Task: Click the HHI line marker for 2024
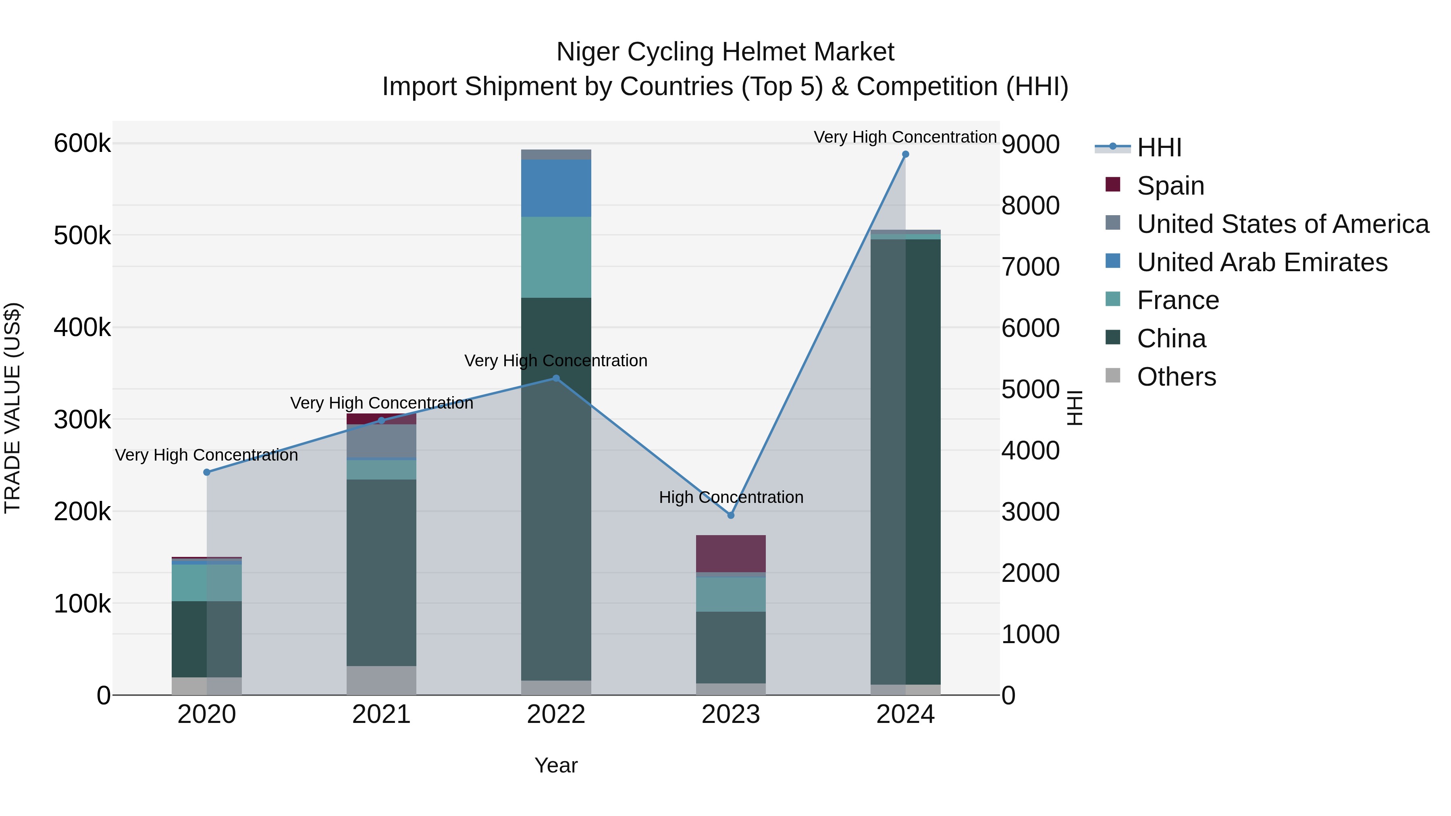click(x=905, y=154)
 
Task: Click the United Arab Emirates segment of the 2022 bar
click(x=556, y=188)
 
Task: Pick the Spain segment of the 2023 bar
click(x=731, y=554)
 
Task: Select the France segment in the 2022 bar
click(x=556, y=257)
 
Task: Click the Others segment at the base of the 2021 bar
click(x=381, y=680)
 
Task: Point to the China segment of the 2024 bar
click(x=905, y=462)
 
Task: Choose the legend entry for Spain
click(x=1170, y=186)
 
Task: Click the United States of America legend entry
click(x=1282, y=224)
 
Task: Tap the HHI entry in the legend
click(x=1159, y=147)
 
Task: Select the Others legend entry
click(x=1176, y=377)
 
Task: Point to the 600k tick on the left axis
click(x=82, y=143)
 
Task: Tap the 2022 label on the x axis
click(x=556, y=714)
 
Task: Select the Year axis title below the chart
click(x=556, y=765)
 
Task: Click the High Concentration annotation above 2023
click(x=731, y=497)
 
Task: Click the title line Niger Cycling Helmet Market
click(x=725, y=52)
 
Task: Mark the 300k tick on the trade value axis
click(x=82, y=419)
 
